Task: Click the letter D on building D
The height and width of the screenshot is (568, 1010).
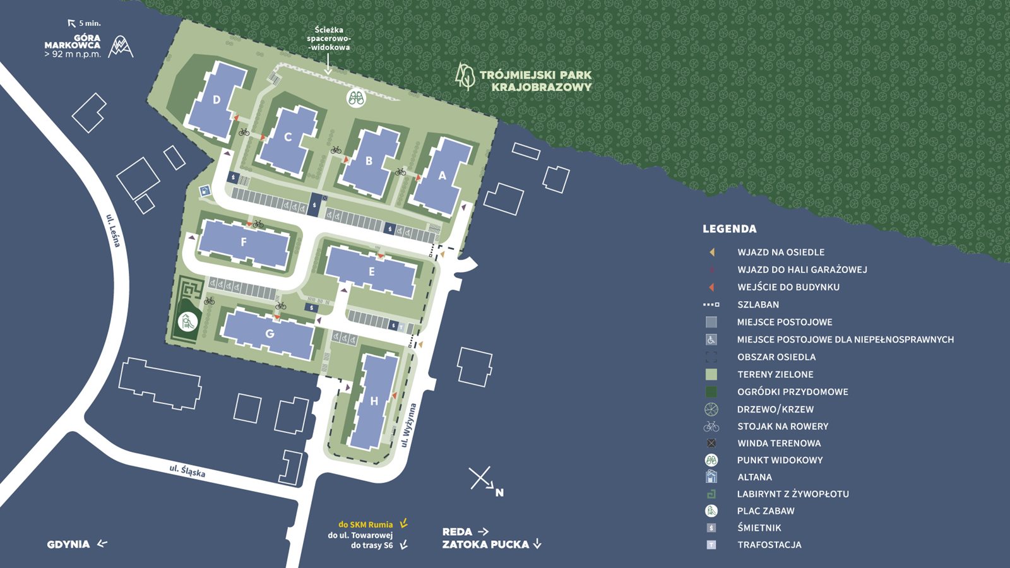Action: point(217,100)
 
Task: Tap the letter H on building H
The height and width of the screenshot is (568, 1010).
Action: point(374,401)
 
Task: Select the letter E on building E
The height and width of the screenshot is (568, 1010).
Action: point(372,272)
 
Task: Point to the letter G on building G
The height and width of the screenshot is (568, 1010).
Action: point(270,334)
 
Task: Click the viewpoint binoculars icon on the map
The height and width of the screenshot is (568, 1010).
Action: point(357,98)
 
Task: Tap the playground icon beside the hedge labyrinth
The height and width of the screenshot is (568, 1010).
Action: point(187,322)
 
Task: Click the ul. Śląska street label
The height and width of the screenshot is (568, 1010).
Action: point(187,471)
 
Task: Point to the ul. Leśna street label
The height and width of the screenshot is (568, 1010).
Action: point(114,231)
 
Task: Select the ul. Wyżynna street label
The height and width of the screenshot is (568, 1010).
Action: point(408,425)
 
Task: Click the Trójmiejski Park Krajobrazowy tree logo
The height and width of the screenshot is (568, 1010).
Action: point(465,76)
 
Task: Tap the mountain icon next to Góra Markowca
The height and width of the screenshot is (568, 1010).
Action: point(120,47)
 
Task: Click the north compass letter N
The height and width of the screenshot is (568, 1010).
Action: point(499,493)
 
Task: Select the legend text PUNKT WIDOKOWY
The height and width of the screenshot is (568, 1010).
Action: point(780,460)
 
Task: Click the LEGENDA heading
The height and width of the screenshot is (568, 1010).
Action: point(729,229)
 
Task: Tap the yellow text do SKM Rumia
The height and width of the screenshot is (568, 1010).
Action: point(365,524)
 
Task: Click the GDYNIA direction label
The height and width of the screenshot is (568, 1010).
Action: point(68,544)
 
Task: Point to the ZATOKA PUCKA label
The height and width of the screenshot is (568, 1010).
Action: point(485,544)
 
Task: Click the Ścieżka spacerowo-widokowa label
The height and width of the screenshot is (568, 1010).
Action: point(328,38)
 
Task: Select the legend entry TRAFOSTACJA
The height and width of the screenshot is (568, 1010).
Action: point(769,545)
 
